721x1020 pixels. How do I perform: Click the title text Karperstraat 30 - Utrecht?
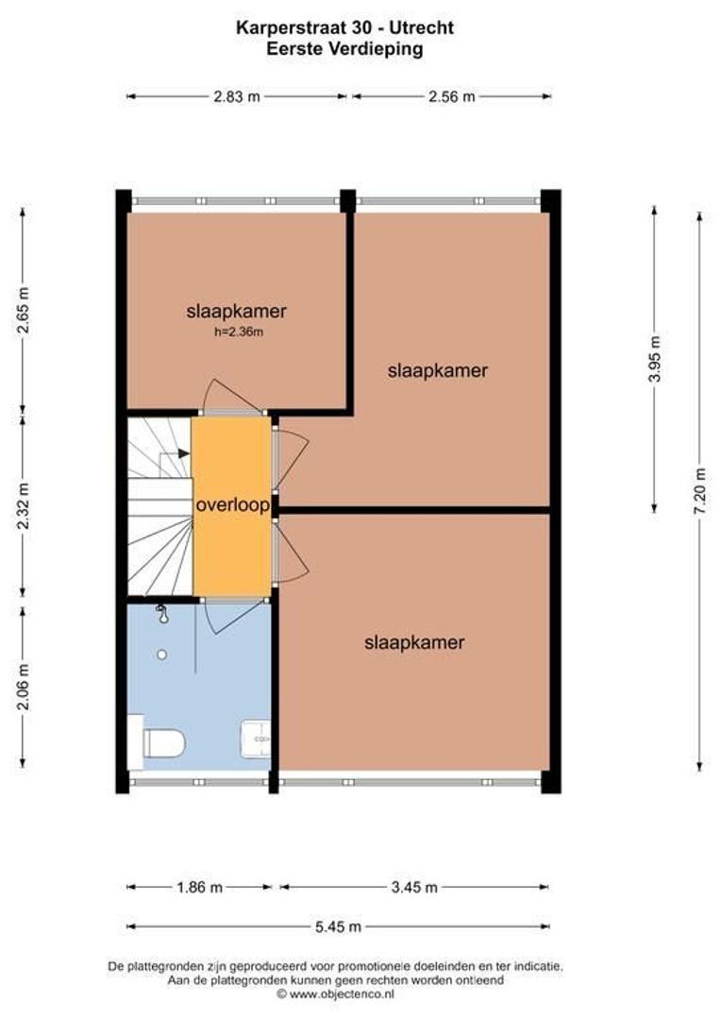click(x=344, y=28)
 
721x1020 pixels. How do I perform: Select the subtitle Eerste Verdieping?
click(x=344, y=49)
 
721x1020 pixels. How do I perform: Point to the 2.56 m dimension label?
click(x=451, y=96)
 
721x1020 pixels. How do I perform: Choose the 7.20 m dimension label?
click(x=699, y=490)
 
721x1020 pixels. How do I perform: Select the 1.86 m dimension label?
click(x=199, y=887)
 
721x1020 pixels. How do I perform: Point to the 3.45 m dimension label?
click(x=413, y=887)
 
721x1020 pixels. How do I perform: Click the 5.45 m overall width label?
click(x=338, y=926)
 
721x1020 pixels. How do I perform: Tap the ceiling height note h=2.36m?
click(x=237, y=331)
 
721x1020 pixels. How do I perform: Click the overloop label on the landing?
click(x=232, y=505)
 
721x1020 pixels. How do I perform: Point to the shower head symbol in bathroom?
click(x=162, y=615)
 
